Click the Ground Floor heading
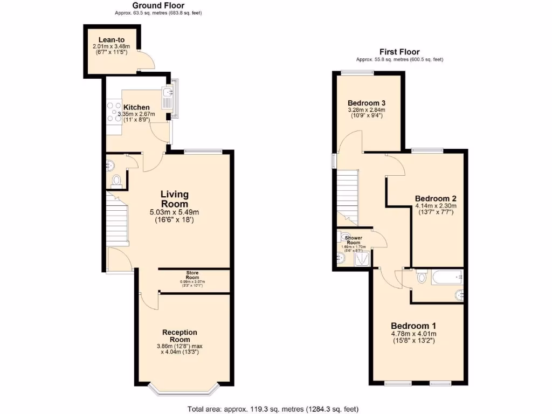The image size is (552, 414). pyautogui.click(x=158, y=5)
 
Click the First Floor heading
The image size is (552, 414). pyautogui.click(x=399, y=52)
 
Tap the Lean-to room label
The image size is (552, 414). pyautogui.click(x=112, y=39)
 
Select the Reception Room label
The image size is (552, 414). pyautogui.click(x=180, y=336)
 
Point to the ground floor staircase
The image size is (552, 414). pyautogui.click(x=117, y=221)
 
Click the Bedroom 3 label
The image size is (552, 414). pyautogui.click(x=366, y=103)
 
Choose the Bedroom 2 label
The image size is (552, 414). pyautogui.click(x=436, y=198)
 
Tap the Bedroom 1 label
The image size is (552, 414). pyautogui.click(x=413, y=326)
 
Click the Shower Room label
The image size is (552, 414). pyautogui.click(x=354, y=240)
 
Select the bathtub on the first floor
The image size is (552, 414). pyautogui.click(x=447, y=278)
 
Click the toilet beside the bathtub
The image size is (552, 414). pyautogui.click(x=422, y=278)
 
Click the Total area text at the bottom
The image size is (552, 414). pyautogui.click(x=273, y=409)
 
